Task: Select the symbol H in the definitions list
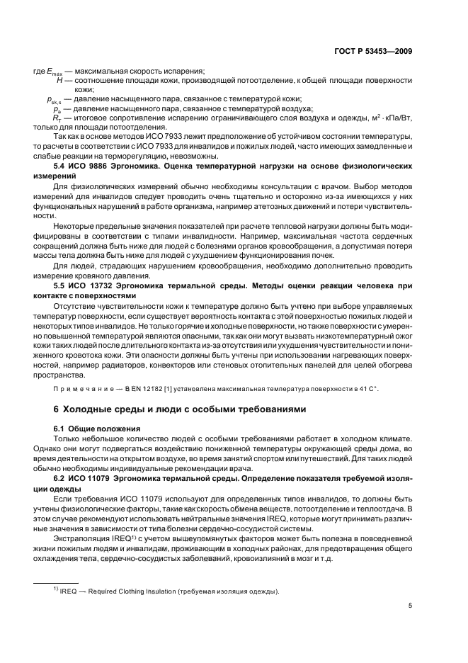point(60,81)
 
